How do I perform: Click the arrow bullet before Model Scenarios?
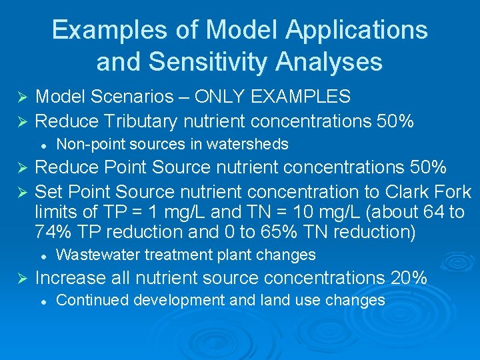coord(19,97)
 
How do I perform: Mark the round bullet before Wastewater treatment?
coord(43,255)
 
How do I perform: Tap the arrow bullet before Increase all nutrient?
coord(19,278)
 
